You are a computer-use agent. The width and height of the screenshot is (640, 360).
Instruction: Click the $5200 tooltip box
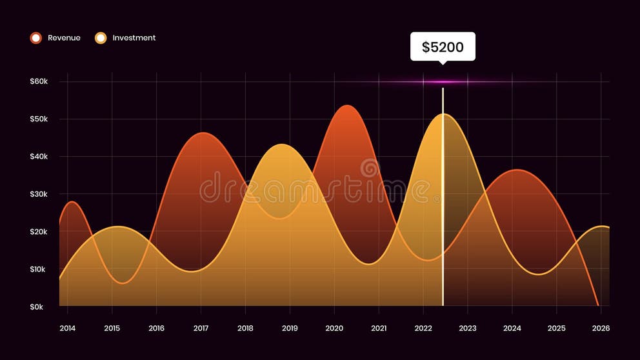coord(443,46)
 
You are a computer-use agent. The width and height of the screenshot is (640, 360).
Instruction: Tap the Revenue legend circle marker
coord(36,38)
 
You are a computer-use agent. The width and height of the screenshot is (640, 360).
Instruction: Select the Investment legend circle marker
coord(101,38)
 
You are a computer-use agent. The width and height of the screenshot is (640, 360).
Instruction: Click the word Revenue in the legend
coord(64,38)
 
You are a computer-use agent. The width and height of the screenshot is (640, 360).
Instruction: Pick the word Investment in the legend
coord(134,38)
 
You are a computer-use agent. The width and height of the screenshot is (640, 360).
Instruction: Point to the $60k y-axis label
coord(39,81)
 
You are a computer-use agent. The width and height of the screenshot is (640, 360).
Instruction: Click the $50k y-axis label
coord(39,119)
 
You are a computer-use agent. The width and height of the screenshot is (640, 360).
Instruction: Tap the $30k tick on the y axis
coord(39,194)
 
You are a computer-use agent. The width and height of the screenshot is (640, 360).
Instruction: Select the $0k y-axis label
coord(37,307)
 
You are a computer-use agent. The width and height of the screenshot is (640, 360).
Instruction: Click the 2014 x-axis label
coord(67,328)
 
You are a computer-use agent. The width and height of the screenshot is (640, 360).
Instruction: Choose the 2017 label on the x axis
coord(201,328)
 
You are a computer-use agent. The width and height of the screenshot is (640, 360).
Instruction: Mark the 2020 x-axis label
coord(334,328)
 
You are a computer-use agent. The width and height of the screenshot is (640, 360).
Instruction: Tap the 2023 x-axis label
coord(468,328)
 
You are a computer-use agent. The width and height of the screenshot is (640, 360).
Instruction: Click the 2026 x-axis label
coord(601,328)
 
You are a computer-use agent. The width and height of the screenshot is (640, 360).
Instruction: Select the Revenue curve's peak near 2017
coord(203,133)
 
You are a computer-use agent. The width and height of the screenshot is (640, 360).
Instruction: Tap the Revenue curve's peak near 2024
coord(516,170)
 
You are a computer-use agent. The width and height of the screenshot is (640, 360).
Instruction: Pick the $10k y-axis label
coord(39,269)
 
